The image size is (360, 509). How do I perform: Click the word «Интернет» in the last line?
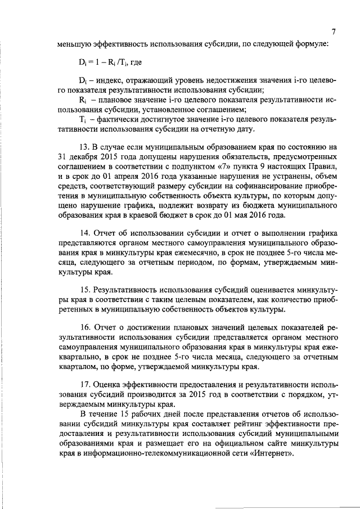(x=273, y=454)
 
